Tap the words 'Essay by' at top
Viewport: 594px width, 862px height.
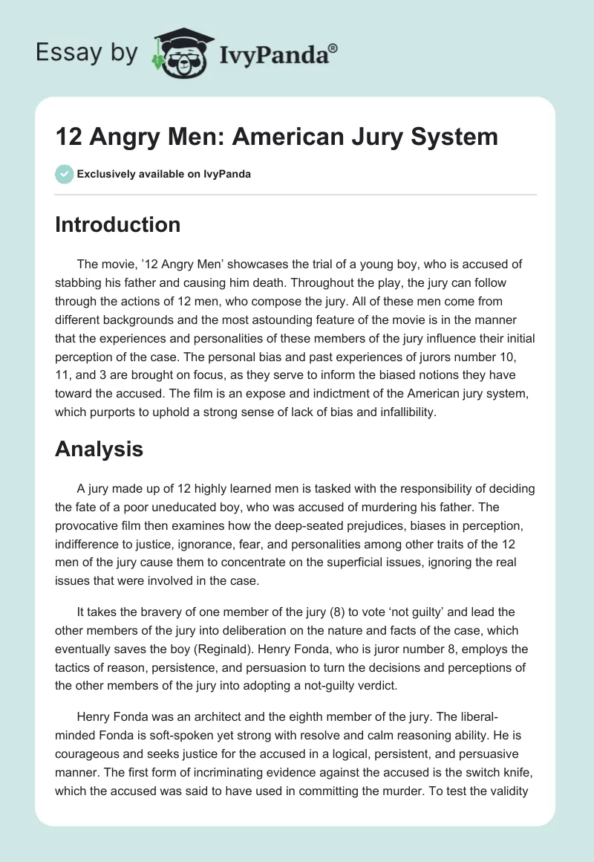[x=86, y=53]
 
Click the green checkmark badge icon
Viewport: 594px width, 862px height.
[x=65, y=174]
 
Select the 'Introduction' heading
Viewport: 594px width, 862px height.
[x=117, y=225]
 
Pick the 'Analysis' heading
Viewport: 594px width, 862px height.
[x=99, y=449]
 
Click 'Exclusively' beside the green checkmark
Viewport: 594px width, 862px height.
[x=106, y=174]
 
